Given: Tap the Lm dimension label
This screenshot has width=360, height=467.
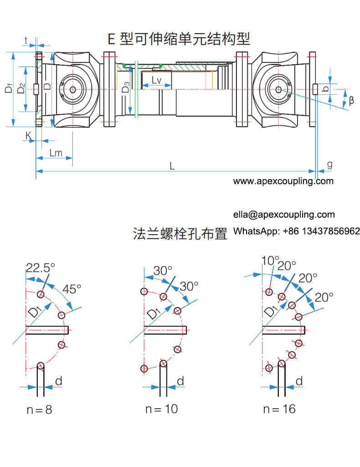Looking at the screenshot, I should click(55, 153).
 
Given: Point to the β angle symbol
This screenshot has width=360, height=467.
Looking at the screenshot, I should click(351, 101).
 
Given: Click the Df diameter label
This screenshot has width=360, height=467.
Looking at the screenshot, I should click(9, 88).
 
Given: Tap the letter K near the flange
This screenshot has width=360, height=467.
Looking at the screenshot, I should click(28, 135).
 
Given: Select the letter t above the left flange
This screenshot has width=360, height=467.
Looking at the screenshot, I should click(26, 40).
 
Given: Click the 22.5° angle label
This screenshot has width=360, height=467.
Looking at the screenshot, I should click(40, 267).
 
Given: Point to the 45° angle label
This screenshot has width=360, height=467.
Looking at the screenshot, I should click(72, 288).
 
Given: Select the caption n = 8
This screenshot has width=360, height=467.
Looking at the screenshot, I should click(39, 410).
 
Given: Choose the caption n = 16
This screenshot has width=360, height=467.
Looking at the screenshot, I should click(279, 409).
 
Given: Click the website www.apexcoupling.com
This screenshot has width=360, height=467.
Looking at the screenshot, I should click(283, 181).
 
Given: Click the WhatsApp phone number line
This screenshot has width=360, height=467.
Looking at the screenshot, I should click(297, 231).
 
